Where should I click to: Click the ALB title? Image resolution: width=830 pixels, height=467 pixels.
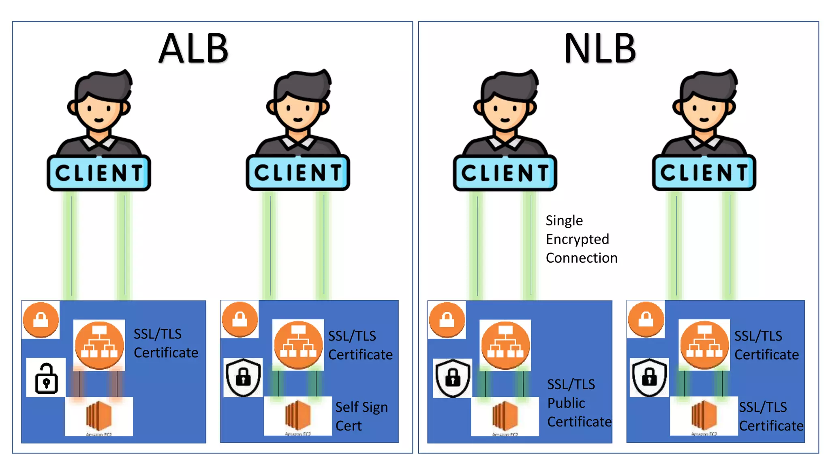coord(194,49)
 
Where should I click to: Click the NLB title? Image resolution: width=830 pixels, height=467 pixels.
coord(600,49)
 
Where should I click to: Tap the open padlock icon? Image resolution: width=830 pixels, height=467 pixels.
coord(46,378)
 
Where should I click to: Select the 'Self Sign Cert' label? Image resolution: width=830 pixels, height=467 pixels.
coord(361,416)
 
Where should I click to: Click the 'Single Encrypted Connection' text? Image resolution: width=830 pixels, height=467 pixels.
coord(581,239)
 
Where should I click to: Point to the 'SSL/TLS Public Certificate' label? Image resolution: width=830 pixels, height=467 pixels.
coord(579,403)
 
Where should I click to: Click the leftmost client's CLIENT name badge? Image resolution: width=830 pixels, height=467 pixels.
coord(99,173)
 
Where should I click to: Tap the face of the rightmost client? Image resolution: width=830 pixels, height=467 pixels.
coord(704,111)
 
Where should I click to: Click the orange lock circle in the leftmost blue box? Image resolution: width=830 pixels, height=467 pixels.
coord(41,319)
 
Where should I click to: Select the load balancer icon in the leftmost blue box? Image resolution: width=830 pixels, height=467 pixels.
coord(99,345)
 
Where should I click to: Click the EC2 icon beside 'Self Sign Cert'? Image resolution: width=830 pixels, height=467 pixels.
coord(298,416)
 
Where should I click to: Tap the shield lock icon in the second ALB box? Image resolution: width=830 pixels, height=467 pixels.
coord(243,377)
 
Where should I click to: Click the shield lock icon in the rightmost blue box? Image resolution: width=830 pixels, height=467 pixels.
coord(649,377)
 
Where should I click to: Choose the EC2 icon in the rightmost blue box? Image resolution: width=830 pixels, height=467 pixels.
coord(704,416)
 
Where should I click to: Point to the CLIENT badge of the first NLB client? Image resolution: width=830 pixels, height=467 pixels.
coord(505,173)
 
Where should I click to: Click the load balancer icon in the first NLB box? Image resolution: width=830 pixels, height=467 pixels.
coord(505,345)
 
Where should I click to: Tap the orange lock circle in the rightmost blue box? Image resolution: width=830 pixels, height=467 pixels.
coord(646,319)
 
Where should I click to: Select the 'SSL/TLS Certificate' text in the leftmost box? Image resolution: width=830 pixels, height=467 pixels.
coord(165,343)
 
